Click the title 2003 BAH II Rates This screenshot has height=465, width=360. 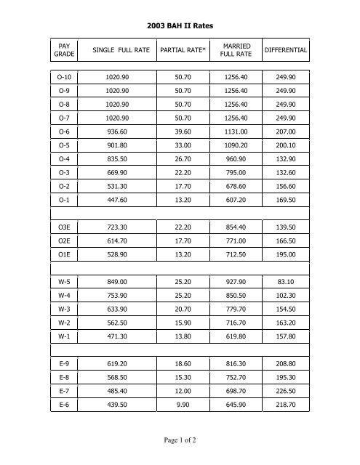tap(180, 25)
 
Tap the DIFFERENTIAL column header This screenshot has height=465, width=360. tap(285, 49)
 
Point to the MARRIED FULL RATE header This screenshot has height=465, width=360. tap(237, 49)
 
